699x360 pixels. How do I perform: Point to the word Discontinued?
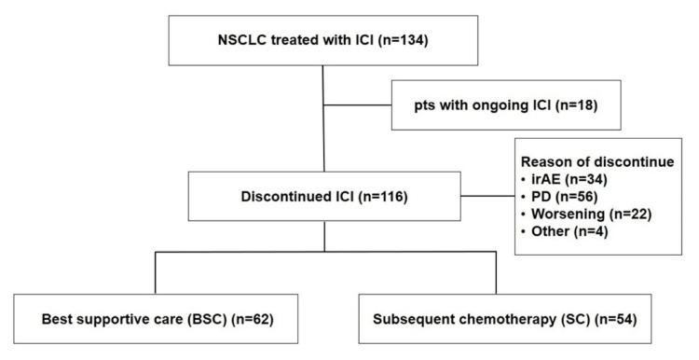[x=288, y=198]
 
